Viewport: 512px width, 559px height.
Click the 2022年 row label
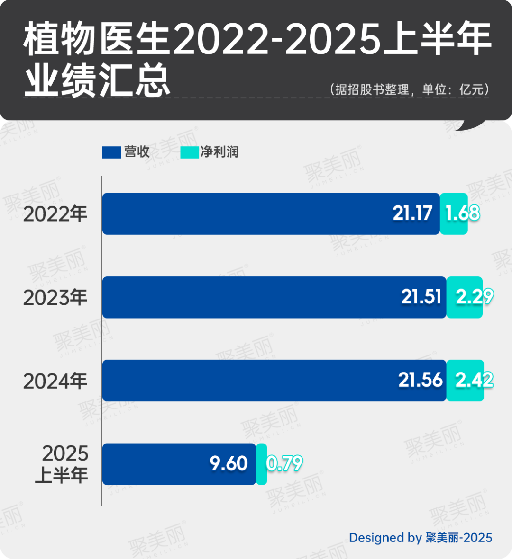[55, 214]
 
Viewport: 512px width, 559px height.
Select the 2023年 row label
[55, 297]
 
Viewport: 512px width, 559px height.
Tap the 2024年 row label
[55, 381]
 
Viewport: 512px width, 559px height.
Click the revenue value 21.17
[412, 213]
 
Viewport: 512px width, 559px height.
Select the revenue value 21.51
[421, 297]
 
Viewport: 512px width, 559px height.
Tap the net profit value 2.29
[475, 297]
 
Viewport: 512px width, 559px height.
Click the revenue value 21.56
[420, 380]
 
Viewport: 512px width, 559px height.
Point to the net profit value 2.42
[475, 380]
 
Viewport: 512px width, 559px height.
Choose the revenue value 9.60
[229, 463]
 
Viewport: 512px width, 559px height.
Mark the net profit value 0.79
[284, 463]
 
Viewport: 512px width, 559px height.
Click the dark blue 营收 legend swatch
[111, 152]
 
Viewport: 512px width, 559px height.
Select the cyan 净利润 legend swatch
[190, 152]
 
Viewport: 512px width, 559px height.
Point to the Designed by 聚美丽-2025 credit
[421, 538]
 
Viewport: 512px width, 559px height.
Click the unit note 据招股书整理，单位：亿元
[409, 89]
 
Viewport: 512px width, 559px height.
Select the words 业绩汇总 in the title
[97, 80]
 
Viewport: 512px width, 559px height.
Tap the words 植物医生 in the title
[97, 39]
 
